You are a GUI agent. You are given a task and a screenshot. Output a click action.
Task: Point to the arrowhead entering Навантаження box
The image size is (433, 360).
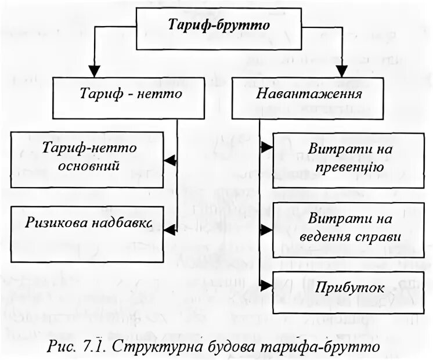[x=342, y=73]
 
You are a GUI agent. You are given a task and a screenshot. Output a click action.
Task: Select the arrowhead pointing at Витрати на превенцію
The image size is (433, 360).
[x=267, y=147]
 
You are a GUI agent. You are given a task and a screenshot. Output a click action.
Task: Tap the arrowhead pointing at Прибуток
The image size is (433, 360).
[x=267, y=285]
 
